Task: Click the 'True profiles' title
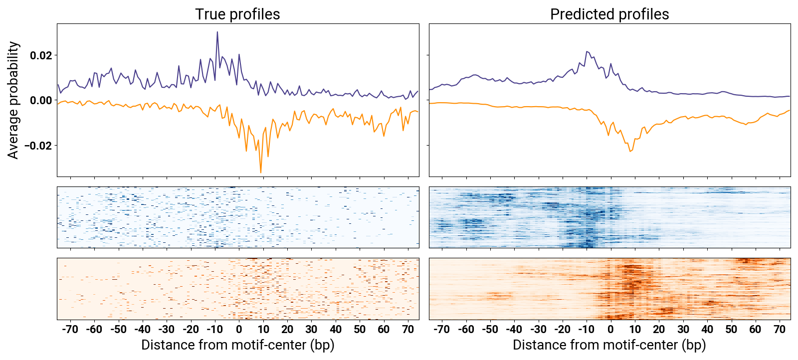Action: click(237, 14)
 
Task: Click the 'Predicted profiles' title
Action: click(609, 14)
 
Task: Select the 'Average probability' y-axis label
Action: click(13, 100)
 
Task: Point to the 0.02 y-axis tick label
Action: click(41, 55)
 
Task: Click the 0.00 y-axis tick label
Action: click(41, 101)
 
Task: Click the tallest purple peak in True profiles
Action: click(217, 32)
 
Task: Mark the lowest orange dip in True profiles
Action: click(261, 173)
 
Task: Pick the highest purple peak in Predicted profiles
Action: click(587, 51)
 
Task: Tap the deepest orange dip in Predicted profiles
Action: click(630, 151)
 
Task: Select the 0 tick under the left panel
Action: click(239, 330)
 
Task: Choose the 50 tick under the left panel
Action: click(360, 330)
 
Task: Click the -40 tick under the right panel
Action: click(514, 330)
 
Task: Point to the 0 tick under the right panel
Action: click(610, 330)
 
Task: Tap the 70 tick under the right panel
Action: click(780, 330)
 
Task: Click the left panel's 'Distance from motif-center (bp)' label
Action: click(237, 345)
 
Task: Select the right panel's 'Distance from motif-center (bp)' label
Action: click(609, 345)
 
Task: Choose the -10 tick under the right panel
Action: click(586, 330)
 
